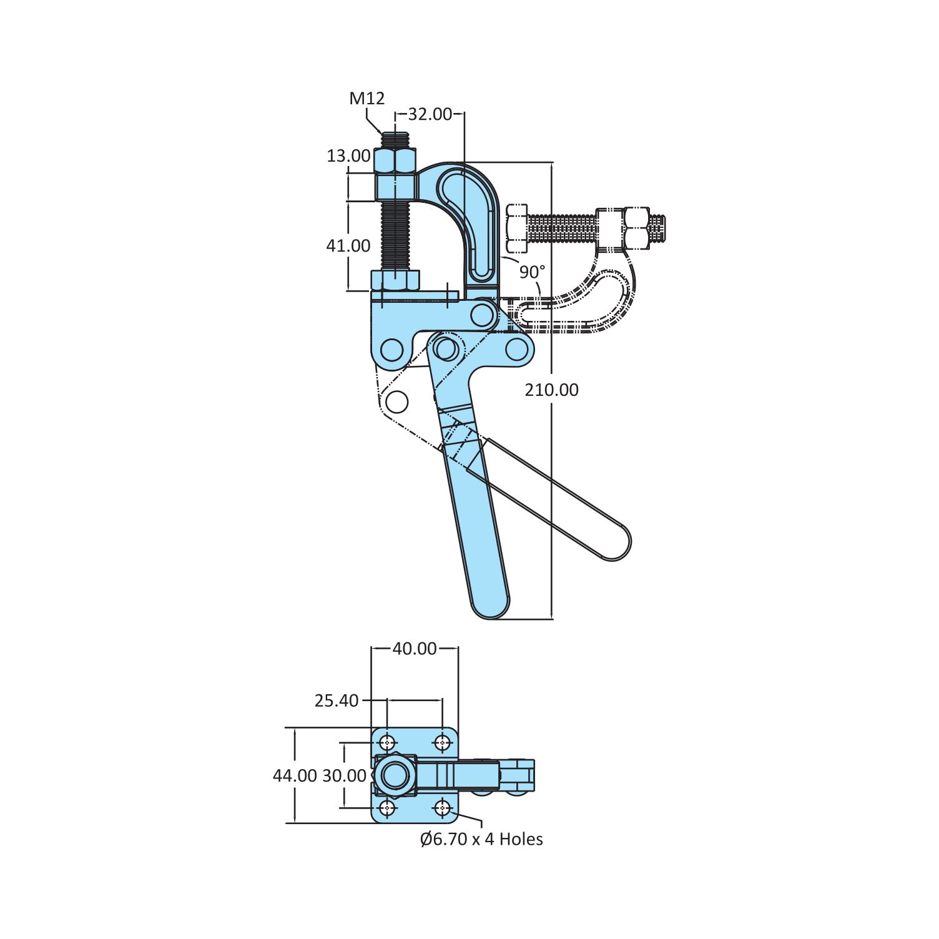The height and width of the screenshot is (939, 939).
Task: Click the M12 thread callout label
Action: pyautogui.click(x=367, y=98)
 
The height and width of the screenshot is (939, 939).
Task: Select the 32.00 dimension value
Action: pyautogui.click(x=430, y=114)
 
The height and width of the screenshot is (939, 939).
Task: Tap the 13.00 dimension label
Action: pyautogui.click(x=348, y=155)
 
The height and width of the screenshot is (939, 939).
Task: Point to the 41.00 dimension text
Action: pyautogui.click(x=348, y=245)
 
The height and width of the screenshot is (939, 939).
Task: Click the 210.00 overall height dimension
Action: pyautogui.click(x=551, y=390)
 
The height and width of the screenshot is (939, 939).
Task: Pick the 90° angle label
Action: pyautogui.click(x=532, y=272)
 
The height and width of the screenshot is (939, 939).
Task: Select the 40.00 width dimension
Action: pyautogui.click(x=415, y=649)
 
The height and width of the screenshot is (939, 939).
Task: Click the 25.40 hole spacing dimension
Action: pyautogui.click(x=337, y=701)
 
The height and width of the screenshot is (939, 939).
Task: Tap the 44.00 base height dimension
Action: pyautogui.click(x=295, y=775)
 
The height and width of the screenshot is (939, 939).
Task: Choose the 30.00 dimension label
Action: pyautogui.click(x=344, y=775)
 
